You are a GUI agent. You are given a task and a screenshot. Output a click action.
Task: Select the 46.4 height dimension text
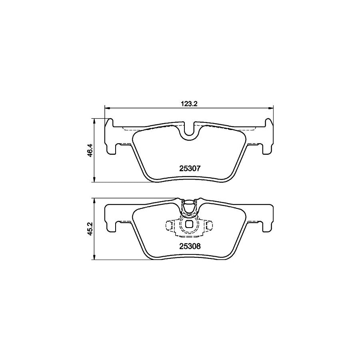coord(90,150)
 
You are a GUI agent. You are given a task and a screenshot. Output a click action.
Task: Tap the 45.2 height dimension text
coord(90,229)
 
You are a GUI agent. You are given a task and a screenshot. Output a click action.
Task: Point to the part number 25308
coord(188,247)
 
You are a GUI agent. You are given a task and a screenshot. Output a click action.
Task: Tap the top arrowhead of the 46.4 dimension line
coord(94,120)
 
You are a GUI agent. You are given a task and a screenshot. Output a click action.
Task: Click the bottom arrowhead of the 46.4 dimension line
coord(94,180)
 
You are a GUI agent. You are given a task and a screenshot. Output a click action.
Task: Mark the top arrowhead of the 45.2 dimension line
coord(94,200)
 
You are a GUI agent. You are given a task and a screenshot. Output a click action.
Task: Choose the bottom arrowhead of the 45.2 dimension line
coord(94,258)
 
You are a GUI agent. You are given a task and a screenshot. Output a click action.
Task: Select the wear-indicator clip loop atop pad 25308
coord(188,206)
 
